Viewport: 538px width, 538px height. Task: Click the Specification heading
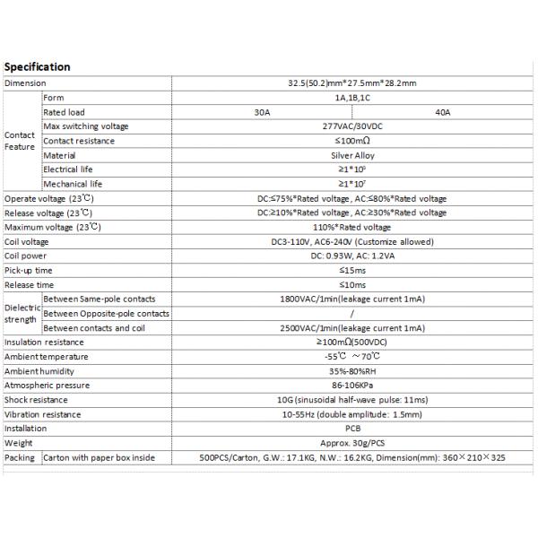pyautogui.click(x=38, y=67)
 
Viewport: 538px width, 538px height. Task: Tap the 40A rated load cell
pyautogui.click(x=442, y=112)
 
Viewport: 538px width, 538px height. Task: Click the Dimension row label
pyautogui.click(x=25, y=83)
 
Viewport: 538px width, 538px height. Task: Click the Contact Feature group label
pyautogui.click(x=20, y=141)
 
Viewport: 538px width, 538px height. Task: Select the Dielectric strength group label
pyautogui.click(x=22, y=313)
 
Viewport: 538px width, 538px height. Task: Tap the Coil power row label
pyautogui.click(x=25, y=256)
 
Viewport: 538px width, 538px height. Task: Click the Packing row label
pyautogui.click(x=20, y=457)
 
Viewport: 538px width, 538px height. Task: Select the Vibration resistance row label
pyautogui.click(x=42, y=413)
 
